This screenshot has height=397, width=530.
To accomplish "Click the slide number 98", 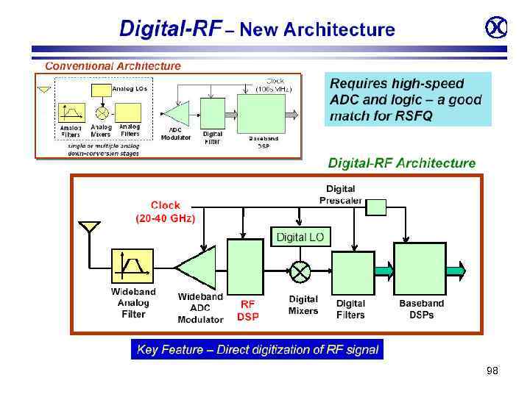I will click(492, 371).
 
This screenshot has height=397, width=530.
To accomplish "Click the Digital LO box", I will click(300, 237).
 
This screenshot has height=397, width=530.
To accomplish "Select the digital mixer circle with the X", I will click(300, 272).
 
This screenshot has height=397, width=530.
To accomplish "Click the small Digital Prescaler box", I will click(376, 207).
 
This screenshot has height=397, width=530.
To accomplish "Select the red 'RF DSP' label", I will click(247, 310).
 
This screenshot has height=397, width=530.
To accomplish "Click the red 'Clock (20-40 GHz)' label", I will click(166, 212).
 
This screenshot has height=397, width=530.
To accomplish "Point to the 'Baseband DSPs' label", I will click(422, 309).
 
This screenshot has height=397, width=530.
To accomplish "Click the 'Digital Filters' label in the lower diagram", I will click(350, 309).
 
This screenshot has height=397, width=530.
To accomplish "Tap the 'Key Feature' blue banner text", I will click(258, 350).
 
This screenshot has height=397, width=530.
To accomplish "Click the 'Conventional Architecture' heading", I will click(113, 65).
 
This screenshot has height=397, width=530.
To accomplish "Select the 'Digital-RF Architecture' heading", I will click(401, 163).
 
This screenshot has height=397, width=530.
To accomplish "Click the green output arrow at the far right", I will click(456, 271).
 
